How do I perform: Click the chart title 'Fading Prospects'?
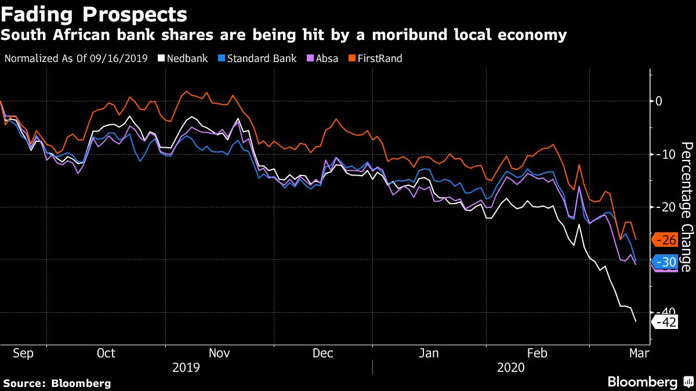pos(94,14)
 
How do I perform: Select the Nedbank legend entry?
pos(183,59)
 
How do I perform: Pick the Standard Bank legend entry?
pos(257,59)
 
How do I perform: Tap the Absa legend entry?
pos(323,59)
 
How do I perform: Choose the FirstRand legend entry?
pos(375,59)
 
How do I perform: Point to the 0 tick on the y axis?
pos(658,101)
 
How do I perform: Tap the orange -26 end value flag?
pos(665,239)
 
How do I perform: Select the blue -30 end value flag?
pos(665,261)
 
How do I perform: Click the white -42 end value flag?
pos(665,323)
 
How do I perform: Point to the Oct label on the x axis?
pos(106,353)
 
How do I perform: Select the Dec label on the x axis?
pos(322,353)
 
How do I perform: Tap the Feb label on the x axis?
pos(537,353)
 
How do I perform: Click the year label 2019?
pos(186,367)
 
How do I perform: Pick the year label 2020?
pos(510,367)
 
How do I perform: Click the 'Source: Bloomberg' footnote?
pos(57,383)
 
